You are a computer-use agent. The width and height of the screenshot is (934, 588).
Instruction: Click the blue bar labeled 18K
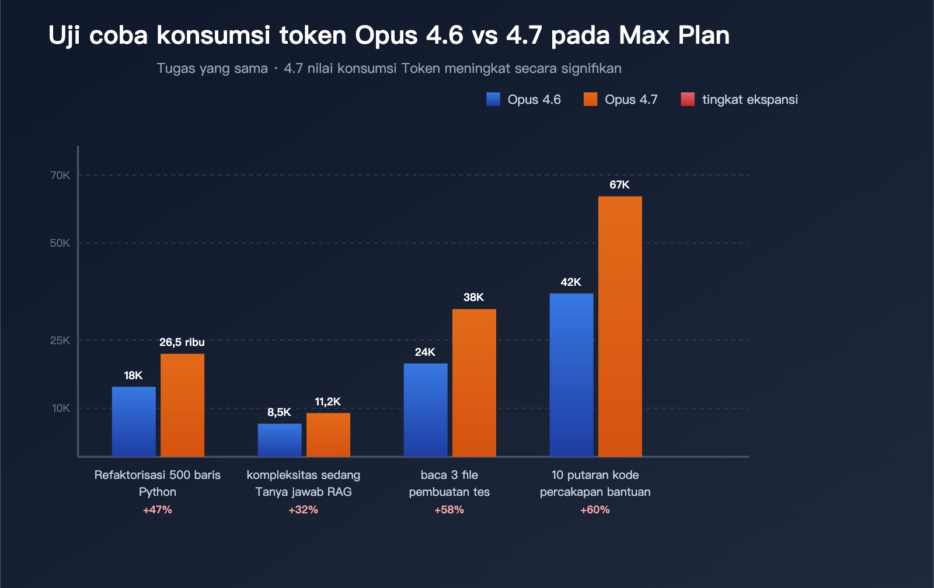(x=134, y=421)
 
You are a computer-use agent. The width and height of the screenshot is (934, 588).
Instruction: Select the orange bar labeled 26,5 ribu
(x=182, y=405)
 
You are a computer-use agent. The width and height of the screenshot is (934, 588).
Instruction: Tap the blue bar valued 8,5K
(x=280, y=440)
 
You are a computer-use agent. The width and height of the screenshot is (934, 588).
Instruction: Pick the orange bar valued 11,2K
(x=328, y=435)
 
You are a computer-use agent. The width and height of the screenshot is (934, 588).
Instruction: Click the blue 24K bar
(x=426, y=409)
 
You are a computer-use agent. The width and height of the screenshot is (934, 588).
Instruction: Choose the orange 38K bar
(x=474, y=383)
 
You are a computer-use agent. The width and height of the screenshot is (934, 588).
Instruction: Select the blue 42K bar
(x=571, y=374)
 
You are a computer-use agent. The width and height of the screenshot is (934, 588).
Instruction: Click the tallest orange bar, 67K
(x=620, y=326)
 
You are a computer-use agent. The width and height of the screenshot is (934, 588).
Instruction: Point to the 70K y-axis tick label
(x=60, y=175)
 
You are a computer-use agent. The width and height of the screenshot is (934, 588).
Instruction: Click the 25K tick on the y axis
(x=60, y=340)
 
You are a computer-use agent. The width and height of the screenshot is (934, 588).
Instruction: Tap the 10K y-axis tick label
(x=61, y=408)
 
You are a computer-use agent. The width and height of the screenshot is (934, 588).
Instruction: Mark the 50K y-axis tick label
(x=60, y=243)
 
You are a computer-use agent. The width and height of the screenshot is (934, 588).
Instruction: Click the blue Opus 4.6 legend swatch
(x=493, y=99)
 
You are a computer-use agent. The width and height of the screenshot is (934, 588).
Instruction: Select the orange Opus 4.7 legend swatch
(x=590, y=99)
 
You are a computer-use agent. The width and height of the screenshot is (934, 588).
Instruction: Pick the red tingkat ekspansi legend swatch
(x=688, y=99)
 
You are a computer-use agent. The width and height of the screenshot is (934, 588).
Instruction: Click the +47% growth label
(x=158, y=510)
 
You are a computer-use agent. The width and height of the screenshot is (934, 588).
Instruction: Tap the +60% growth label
(x=595, y=510)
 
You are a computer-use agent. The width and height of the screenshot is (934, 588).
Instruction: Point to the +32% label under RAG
(x=304, y=510)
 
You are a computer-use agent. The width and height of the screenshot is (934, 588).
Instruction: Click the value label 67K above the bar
(x=619, y=185)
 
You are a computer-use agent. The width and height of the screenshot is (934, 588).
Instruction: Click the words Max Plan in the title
(x=674, y=35)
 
